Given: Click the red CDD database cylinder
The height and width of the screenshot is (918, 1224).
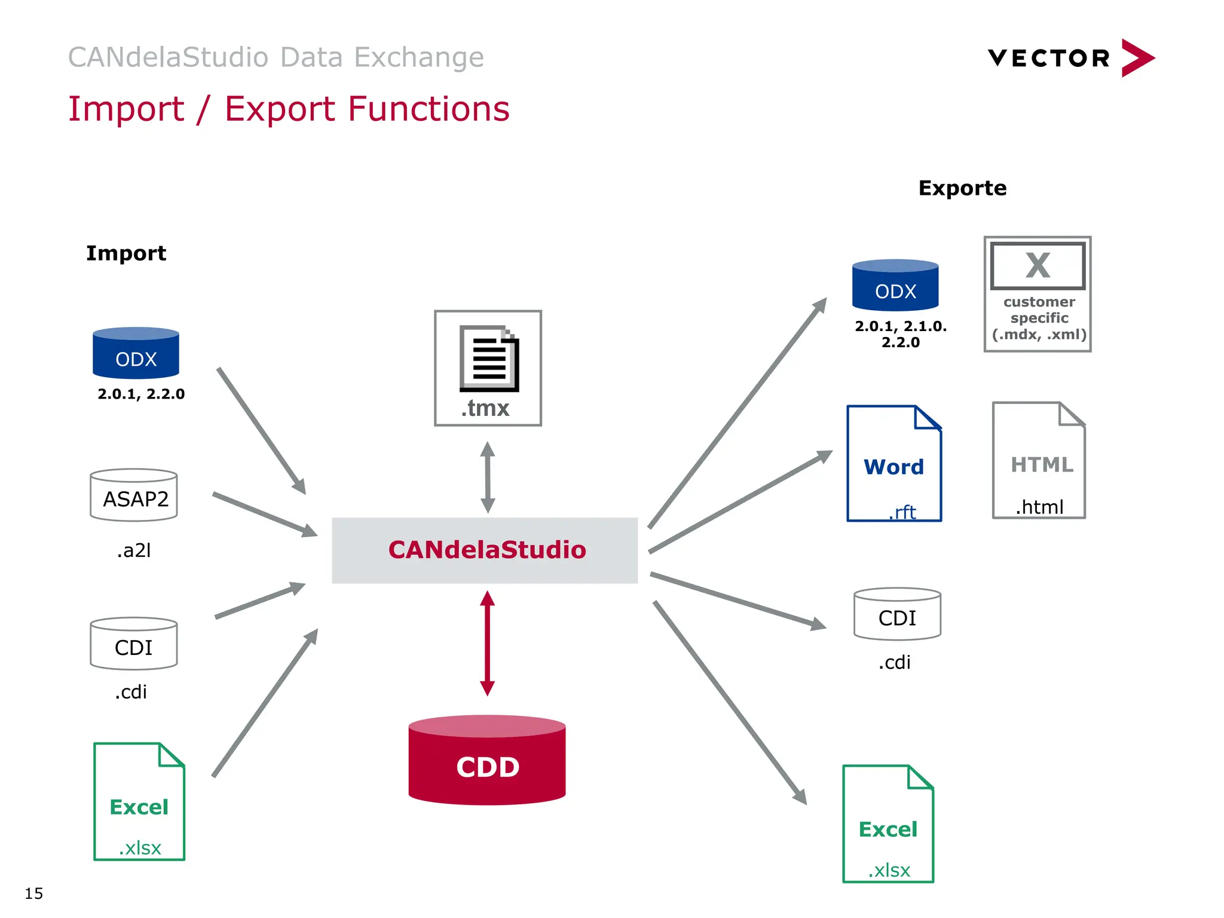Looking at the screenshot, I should click(487, 760).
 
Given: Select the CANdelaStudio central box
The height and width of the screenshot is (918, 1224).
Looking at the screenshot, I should click(485, 550).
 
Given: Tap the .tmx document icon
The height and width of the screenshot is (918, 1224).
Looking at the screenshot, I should click(488, 367).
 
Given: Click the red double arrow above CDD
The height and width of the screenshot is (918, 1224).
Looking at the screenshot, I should click(488, 643).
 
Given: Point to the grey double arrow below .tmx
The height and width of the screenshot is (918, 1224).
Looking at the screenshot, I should click(488, 477).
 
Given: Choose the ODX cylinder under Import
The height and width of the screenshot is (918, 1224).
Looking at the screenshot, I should click(136, 353).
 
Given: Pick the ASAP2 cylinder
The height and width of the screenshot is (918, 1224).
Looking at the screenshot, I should click(134, 495).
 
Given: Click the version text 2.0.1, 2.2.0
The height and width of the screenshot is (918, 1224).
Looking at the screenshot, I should click(141, 394).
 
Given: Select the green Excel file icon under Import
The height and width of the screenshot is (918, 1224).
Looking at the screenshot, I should click(139, 801).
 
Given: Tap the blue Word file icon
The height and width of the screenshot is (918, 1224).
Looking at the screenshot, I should click(894, 464).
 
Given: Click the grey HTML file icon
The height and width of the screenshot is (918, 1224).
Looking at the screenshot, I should click(1039, 460).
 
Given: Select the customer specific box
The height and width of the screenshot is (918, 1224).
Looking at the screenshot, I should click(1038, 294).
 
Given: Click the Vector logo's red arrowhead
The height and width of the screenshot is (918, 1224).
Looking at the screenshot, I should click(1137, 58).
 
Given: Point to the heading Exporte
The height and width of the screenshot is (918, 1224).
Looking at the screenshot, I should click(962, 188).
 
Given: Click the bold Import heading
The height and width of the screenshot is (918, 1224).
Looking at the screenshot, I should click(126, 253).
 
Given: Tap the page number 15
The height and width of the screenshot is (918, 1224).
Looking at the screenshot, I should click(34, 893).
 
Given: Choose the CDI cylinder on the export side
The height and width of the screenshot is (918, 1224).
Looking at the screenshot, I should click(897, 614).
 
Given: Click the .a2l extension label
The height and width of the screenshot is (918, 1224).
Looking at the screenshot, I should click(134, 550).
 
